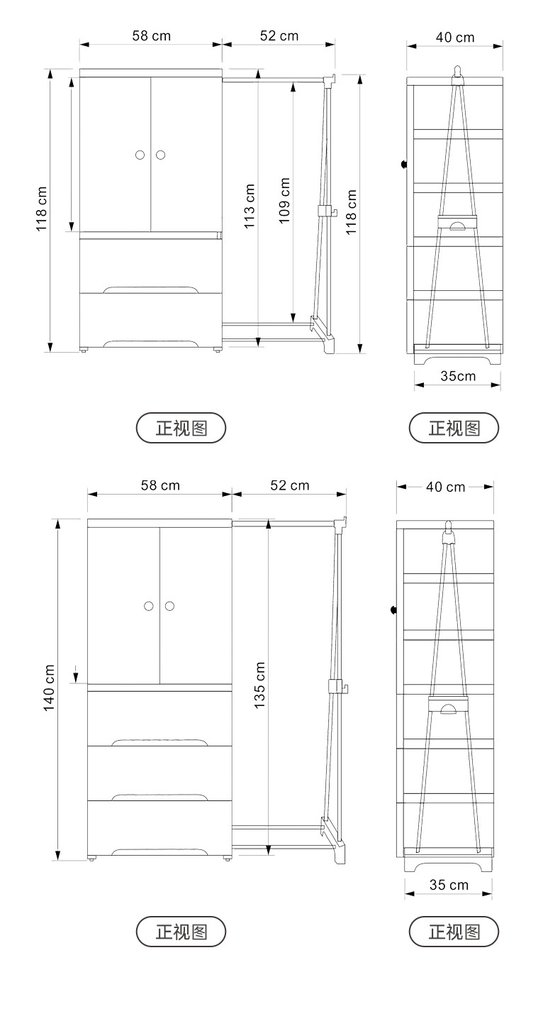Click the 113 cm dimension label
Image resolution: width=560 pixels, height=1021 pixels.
tap(250, 206)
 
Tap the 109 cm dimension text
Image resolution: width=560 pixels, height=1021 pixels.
tap(284, 201)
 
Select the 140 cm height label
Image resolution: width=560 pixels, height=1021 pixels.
tap(49, 688)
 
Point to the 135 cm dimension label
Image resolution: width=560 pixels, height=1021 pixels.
tap(259, 685)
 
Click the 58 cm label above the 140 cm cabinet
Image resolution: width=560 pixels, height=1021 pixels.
tap(159, 485)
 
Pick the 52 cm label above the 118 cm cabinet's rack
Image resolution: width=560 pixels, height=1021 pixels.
tap(279, 35)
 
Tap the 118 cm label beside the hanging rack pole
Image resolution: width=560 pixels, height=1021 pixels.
tap(351, 211)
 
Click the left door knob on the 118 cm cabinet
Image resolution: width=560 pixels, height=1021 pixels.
tap(140, 155)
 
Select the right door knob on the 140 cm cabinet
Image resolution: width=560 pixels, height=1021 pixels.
tap(169, 606)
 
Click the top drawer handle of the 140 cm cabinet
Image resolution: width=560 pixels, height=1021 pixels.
tap(159, 742)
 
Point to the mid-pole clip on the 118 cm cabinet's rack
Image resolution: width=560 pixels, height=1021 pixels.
tap(325, 211)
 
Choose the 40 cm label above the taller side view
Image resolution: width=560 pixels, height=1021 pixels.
tap(445, 487)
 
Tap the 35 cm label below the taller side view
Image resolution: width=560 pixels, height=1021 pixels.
tap(448, 885)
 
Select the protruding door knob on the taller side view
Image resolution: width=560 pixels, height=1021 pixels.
tap(394, 609)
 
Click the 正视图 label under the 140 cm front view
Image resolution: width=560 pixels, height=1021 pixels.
tap(181, 932)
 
